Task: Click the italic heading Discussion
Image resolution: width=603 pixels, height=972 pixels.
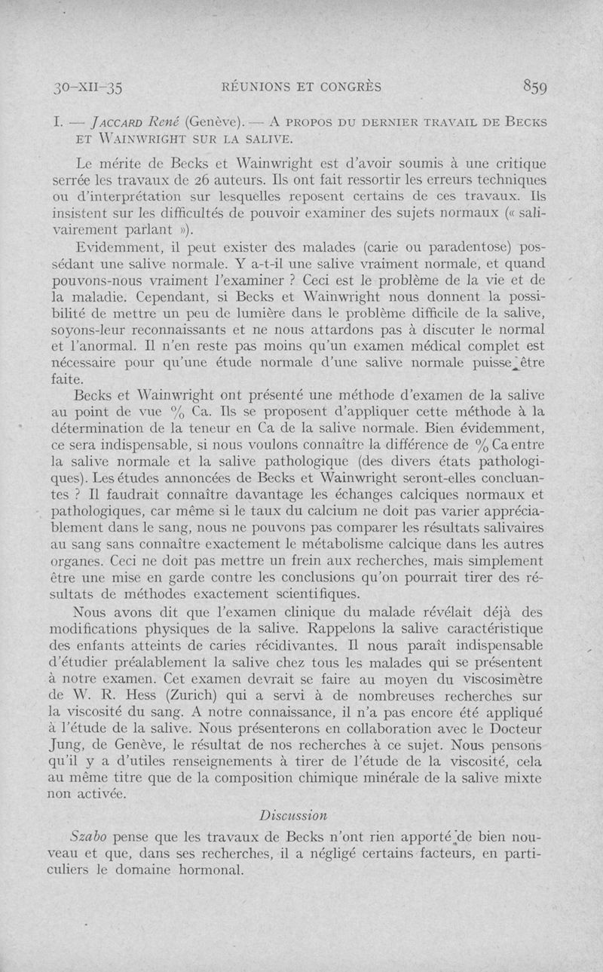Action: (x=292, y=815)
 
